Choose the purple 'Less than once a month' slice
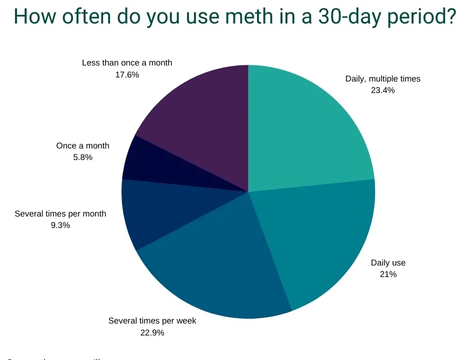pos(200,115)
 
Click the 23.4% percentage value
pos(383,90)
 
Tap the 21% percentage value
pos(388,274)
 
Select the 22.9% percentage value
pos(152,332)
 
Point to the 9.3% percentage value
pos(60,225)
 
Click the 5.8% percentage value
pos(82,157)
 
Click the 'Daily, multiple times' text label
pos(383,78)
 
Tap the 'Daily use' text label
pos(388,262)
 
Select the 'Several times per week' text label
pos(152,320)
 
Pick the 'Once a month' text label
pos(82,145)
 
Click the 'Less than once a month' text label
pos(127,63)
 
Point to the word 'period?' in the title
pos(423,17)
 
